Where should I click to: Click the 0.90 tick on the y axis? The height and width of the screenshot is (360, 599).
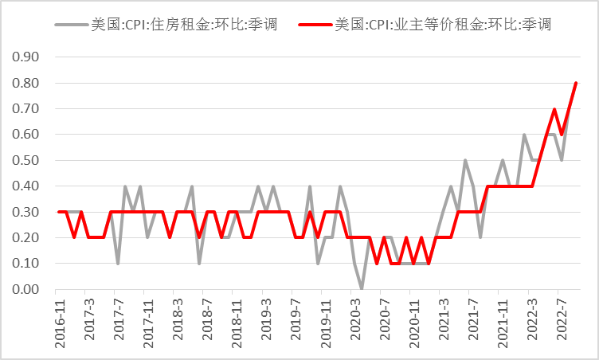coord(29,57)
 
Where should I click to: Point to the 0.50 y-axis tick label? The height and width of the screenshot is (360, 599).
coord(29,160)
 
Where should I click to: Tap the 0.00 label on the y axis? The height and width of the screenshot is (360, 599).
coord(29,289)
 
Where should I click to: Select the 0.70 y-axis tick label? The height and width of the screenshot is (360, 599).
coord(29,109)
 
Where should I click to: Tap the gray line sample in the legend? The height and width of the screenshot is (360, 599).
coord(70,25)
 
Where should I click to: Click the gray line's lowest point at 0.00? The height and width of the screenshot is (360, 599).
coord(362,288)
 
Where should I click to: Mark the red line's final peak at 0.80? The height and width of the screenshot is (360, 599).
coord(576,83)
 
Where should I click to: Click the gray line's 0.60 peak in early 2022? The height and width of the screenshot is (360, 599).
coord(525,135)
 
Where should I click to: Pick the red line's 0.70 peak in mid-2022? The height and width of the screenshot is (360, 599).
coord(554,109)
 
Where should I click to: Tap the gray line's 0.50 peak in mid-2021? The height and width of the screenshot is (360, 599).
coord(465,160)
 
